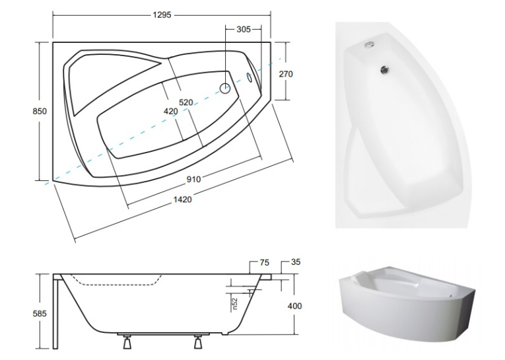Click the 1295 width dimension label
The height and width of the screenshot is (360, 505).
coord(162,15)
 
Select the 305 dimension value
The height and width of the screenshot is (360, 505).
coord(244,29)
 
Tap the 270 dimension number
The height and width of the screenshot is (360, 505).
coord(286,74)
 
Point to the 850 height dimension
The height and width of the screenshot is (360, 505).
coord(40,111)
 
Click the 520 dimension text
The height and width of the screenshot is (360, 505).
coord(186,102)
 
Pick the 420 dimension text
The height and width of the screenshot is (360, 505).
coord(171,112)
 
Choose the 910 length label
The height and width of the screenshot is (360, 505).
coord(194,179)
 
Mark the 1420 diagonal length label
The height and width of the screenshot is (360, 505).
coord(183,200)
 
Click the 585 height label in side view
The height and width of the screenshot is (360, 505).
coord(40,313)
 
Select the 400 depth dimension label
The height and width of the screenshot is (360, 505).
coord(294,306)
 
